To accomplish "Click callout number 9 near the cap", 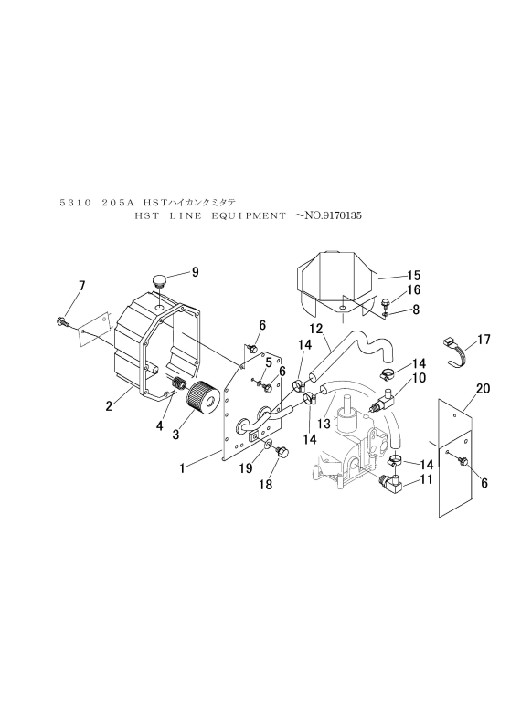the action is point(195,272).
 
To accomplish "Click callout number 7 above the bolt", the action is point(82,287).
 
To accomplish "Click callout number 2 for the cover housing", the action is point(109,406).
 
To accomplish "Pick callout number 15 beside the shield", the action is point(414,276).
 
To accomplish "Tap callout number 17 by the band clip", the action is point(484,340).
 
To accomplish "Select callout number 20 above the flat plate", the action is point(483,389).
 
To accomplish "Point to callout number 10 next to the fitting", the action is point(419,378).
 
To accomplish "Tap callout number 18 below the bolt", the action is point(266,485).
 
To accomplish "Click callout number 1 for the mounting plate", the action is point(183,468).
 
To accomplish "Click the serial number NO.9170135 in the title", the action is point(332,215).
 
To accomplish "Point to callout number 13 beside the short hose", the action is point(324,424).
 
